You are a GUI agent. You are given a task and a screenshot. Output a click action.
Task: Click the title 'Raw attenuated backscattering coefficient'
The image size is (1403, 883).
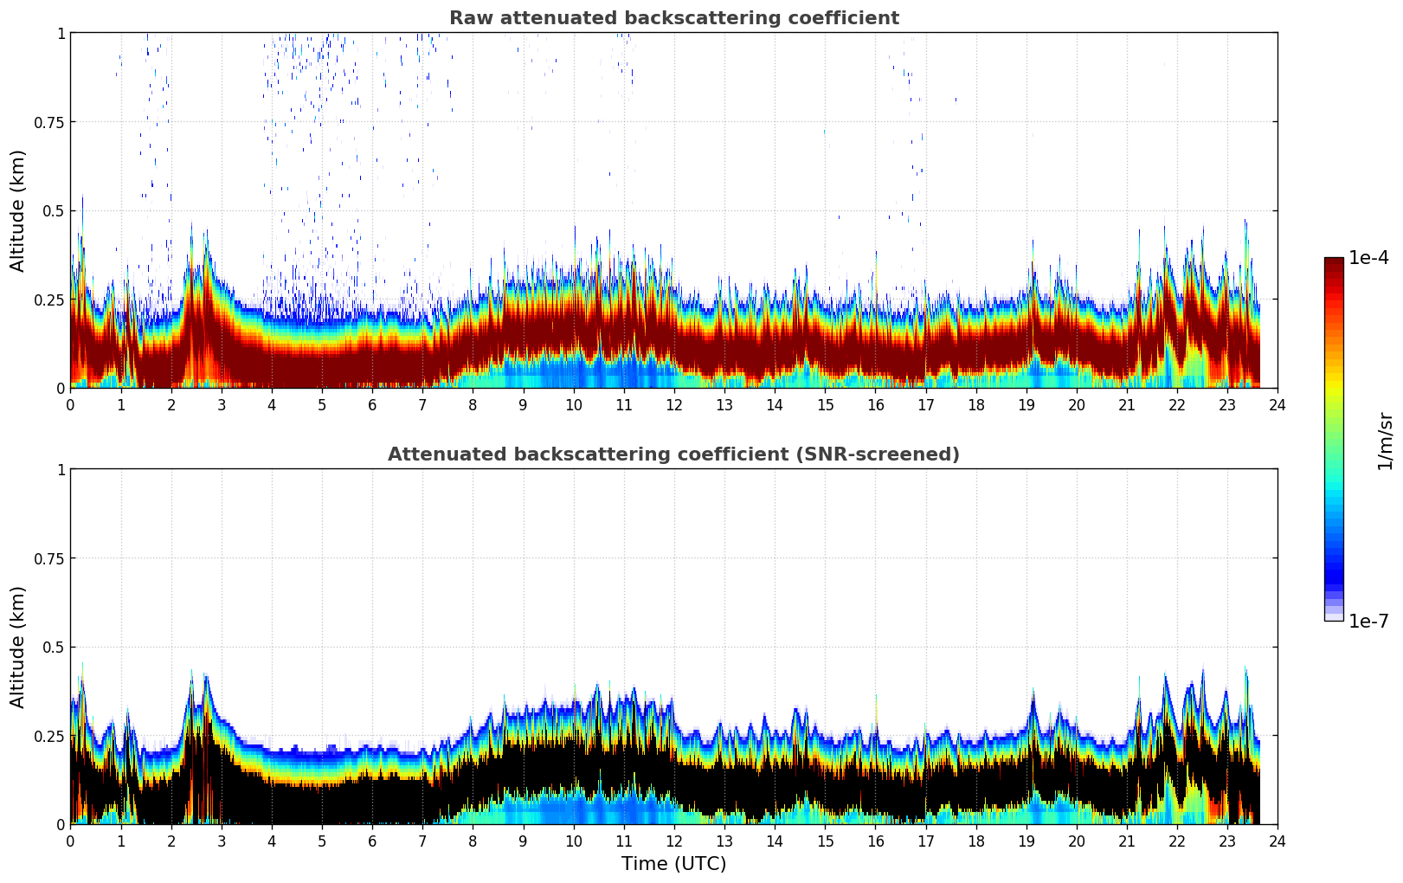(673, 18)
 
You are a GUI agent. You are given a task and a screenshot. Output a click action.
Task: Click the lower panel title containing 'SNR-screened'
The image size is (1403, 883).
(673, 454)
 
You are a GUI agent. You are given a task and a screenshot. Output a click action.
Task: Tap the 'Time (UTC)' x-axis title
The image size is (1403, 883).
(673, 864)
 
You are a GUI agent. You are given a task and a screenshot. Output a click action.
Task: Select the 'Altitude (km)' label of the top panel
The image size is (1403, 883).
(18, 210)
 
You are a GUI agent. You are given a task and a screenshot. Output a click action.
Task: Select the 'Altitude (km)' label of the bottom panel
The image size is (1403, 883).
(18, 647)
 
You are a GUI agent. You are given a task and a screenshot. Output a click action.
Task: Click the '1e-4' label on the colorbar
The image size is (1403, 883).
(1368, 258)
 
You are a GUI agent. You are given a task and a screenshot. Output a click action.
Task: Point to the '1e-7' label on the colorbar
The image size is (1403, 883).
(1368, 621)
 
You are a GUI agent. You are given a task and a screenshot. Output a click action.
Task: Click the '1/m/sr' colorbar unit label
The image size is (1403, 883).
(1385, 441)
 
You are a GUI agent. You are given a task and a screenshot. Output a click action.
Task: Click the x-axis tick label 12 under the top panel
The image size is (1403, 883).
(674, 405)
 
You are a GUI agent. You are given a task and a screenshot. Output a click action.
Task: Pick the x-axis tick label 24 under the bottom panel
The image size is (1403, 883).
(1278, 841)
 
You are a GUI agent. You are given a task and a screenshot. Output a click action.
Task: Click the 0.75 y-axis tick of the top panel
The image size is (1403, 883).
(48, 122)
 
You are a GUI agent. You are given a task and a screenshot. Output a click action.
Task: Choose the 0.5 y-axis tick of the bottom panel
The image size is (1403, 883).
(53, 647)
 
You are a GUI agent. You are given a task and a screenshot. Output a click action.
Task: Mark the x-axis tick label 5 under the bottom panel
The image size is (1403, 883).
(322, 841)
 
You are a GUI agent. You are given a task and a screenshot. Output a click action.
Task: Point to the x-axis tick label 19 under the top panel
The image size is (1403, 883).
(1027, 405)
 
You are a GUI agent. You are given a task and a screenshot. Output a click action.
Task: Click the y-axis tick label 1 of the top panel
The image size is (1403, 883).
(61, 33)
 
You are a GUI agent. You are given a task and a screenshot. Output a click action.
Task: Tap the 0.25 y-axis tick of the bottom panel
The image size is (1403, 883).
(48, 736)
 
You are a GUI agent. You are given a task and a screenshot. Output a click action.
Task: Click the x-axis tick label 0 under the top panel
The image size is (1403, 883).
(71, 405)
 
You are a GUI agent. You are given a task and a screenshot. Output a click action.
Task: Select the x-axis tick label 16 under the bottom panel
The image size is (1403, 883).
(875, 841)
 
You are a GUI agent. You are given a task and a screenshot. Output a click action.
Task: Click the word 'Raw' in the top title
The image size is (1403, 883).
(468, 18)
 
